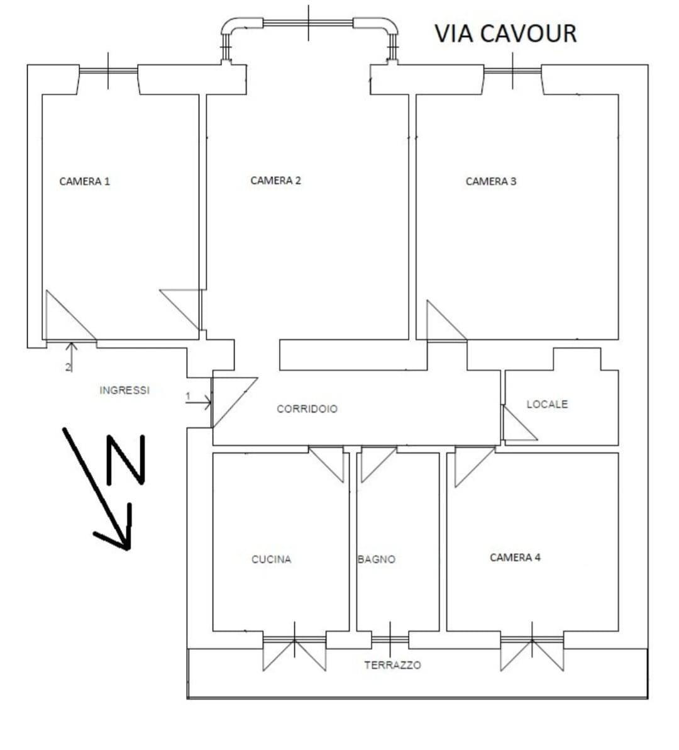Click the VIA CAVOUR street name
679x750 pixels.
coord(505,33)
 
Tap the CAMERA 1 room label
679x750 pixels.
coord(85,181)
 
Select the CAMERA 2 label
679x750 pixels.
coord(276,181)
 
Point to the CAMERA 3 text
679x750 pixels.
coord(491,181)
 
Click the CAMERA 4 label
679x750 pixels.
coord(515,557)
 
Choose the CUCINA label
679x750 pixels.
coord(272,559)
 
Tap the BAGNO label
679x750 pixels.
coord(377,559)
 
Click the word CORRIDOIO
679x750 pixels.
coord(307,409)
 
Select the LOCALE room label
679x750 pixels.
coord(547,404)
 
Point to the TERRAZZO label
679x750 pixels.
coord(393,665)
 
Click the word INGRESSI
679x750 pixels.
coord(124,390)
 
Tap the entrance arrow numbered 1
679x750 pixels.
coord(199,403)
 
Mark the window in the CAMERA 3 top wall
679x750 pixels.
coord(513,71)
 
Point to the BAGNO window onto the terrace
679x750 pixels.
coord(390,639)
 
